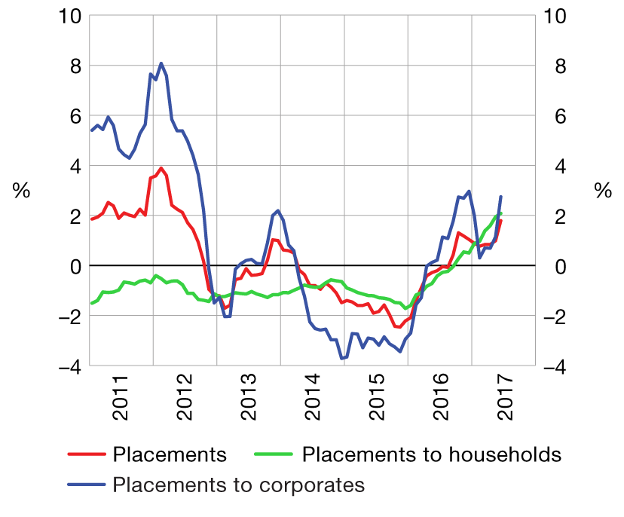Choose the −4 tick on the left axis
click(x=68, y=367)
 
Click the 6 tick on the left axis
click(x=74, y=116)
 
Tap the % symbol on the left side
click(x=21, y=191)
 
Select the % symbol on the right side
click(x=603, y=191)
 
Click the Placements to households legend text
click(x=432, y=454)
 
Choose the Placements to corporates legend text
click(x=239, y=485)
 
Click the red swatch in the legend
click(x=86, y=455)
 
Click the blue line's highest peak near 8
click(x=161, y=63)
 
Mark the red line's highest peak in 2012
click(x=161, y=168)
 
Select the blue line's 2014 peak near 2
click(x=278, y=210)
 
